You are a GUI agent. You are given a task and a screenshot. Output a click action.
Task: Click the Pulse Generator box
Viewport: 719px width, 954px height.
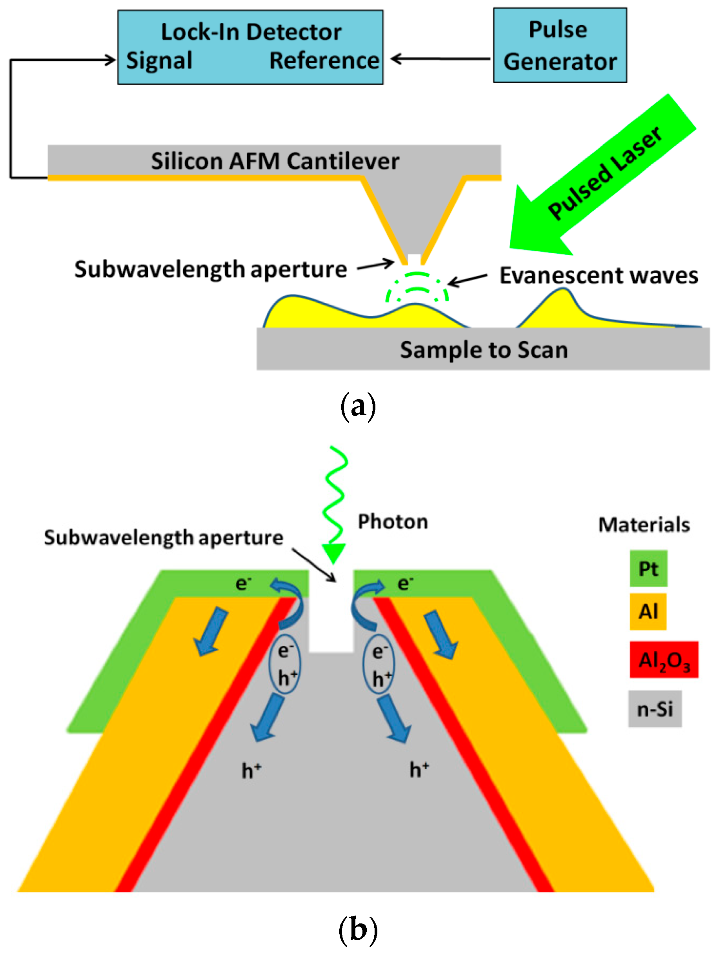pyautogui.click(x=559, y=45)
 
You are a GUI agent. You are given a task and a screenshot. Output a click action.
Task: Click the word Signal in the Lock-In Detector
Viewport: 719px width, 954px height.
pyautogui.click(x=159, y=60)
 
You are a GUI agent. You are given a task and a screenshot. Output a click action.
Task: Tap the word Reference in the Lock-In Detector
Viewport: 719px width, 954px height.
pyautogui.click(x=324, y=60)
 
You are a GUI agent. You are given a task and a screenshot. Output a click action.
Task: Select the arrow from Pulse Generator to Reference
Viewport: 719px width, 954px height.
pyautogui.click(x=440, y=59)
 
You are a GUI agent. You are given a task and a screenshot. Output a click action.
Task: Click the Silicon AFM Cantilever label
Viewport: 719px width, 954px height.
pyautogui.click(x=275, y=161)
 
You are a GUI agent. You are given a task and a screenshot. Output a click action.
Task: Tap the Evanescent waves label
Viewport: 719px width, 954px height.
pyautogui.click(x=598, y=275)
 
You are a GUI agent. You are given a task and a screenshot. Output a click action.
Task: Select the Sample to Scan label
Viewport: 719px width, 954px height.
pyautogui.click(x=484, y=349)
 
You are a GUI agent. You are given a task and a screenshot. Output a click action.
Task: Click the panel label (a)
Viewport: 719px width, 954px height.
pyautogui.click(x=358, y=406)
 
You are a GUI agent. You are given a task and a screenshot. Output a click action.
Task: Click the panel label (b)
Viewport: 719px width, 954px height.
pyautogui.click(x=358, y=929)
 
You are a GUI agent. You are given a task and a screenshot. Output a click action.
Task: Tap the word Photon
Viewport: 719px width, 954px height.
pyautogui.click(x=393, y=522)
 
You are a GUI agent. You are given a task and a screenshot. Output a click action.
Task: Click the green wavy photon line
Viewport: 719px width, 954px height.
pyautogui.click(x=335, y=496)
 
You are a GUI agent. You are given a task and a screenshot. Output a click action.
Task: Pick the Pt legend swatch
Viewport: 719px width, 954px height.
pyautogui.click(x=648, y=569)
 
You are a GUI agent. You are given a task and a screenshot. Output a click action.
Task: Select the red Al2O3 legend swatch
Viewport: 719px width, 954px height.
pyautogui.click(x=663, y=660)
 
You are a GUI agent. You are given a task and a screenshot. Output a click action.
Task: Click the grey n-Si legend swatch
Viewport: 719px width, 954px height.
pyautogui.click(x=654, y=709)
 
